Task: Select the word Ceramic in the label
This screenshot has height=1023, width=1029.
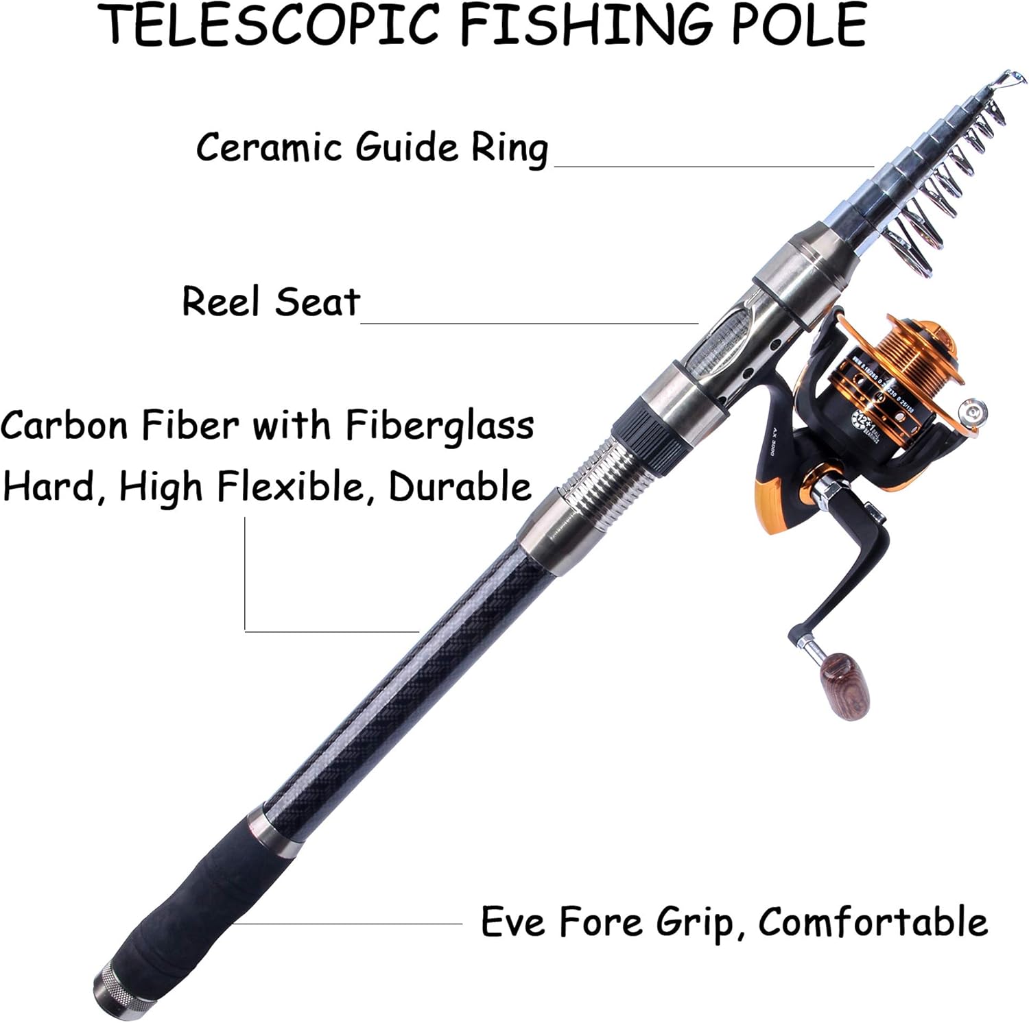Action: coord(269,147)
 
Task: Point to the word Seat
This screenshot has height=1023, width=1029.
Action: coord(317,302)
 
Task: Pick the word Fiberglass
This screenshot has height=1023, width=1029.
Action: coord(439,425)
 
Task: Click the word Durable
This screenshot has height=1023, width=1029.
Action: coord(460,487)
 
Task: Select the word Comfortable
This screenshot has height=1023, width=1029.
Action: coord(873,922)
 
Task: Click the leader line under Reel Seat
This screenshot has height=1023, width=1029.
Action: coord(528,322)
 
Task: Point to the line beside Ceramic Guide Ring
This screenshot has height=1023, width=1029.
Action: coord(713,166)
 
